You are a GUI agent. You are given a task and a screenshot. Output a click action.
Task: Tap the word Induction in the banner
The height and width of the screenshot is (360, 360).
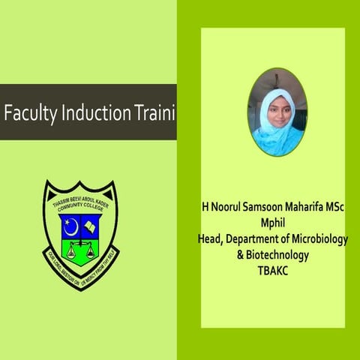[90, 116]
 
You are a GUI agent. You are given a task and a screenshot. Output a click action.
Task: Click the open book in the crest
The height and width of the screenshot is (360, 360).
[90, 224]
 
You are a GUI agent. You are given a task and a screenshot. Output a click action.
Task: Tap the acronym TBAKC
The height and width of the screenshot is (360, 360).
[277, 270]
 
